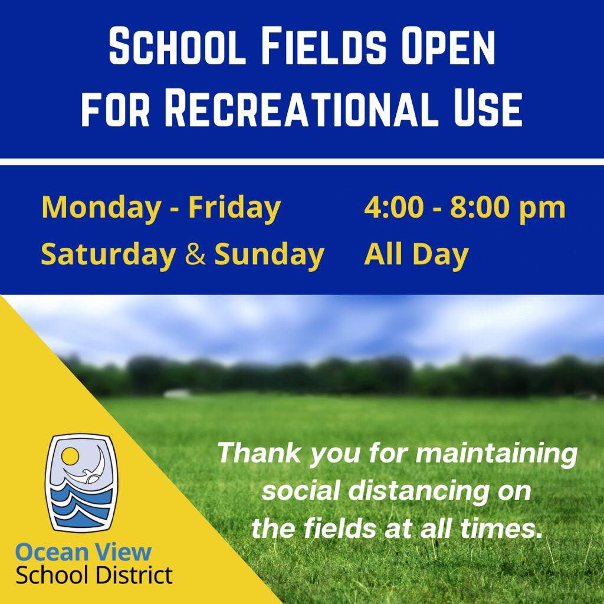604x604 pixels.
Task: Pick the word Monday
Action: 101,208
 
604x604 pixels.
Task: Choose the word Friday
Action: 234,208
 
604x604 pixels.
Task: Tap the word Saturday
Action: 109,255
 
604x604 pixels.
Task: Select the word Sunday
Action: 269,255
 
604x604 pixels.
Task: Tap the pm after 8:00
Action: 543,211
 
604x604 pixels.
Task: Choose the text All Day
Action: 416,255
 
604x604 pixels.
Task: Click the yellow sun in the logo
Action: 70,457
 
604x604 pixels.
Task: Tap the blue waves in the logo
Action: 81,505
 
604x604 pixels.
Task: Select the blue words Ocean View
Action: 83,552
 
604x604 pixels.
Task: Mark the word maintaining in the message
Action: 497,454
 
